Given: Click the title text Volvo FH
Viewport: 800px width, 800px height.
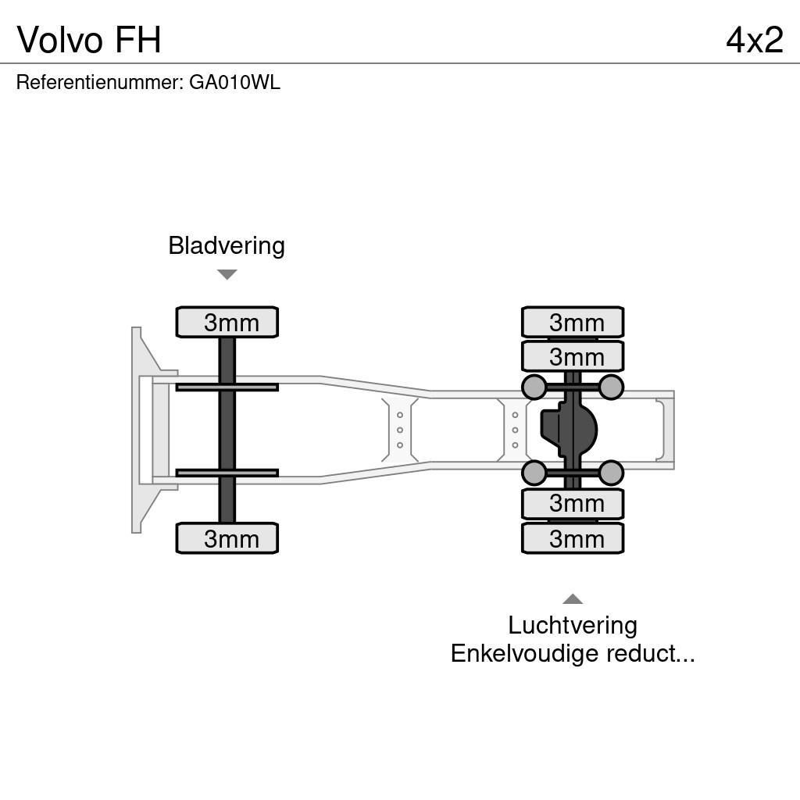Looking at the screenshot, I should [89, 39].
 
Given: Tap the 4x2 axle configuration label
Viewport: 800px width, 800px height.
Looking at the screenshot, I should [754, 39].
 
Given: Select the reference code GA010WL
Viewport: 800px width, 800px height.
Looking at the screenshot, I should [234, 83].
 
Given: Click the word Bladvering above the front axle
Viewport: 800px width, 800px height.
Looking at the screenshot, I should [227, 245].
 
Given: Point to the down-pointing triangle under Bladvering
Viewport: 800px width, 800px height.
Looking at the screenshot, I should [227, 274].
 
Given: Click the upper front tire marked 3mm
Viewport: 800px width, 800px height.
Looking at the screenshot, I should [227, 322].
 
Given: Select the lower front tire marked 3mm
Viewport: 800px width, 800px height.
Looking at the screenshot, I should [227, 538].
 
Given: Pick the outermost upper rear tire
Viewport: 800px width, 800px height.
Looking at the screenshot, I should [573, 322].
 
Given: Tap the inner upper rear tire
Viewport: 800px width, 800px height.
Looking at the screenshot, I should [573, 356].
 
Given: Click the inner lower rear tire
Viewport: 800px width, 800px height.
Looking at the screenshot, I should [573, 504].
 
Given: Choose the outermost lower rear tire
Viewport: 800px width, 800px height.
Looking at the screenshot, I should [573, 538].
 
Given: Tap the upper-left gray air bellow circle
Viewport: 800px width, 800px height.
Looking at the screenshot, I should [534, 387].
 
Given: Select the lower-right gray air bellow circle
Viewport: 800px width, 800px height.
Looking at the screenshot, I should [611, 473].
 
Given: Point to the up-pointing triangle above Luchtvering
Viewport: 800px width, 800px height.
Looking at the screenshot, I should [573, 599].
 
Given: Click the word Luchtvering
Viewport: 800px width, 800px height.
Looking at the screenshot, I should [573, 625].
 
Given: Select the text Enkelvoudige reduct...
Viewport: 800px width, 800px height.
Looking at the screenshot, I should [573, 653].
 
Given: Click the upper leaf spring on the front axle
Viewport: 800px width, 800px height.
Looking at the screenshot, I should [227, 387].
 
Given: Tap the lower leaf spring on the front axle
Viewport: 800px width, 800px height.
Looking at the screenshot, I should [227, 473].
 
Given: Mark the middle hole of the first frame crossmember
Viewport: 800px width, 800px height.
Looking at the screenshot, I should [400, 430].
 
